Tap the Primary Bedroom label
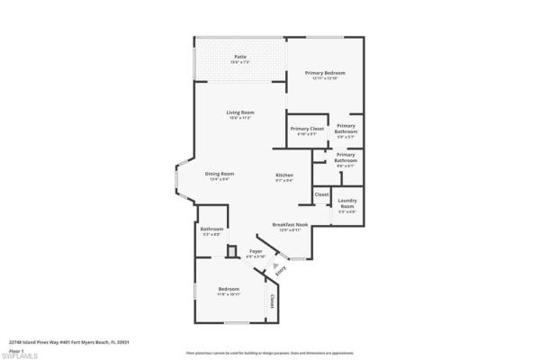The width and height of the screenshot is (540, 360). tap(325, 74)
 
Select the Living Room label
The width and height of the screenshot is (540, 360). tap(238, 113)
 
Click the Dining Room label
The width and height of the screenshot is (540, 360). tap(220, 175)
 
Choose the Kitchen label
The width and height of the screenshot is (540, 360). tap(284, 175)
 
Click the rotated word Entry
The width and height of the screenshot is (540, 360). tap(282, 270)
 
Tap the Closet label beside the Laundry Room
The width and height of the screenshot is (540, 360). tap(321, 194)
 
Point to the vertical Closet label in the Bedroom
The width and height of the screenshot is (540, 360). tap(271, 300)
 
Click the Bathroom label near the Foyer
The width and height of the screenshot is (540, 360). tap(211, 231)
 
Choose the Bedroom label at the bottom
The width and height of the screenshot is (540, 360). tap(229, 291)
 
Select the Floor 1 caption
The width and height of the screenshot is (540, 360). tap(15, 350)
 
